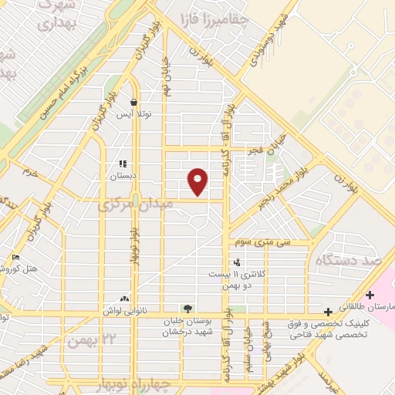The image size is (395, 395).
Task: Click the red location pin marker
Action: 198,181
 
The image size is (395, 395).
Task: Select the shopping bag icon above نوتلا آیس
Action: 135,102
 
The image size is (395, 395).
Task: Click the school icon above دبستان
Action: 122,164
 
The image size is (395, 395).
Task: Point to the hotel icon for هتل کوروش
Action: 16,258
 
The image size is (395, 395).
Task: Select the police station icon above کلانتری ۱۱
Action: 237,263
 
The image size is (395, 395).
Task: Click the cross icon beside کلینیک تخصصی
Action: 329,312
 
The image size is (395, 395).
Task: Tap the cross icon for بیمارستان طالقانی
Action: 371,295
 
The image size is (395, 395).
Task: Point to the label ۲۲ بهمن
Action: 91,338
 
